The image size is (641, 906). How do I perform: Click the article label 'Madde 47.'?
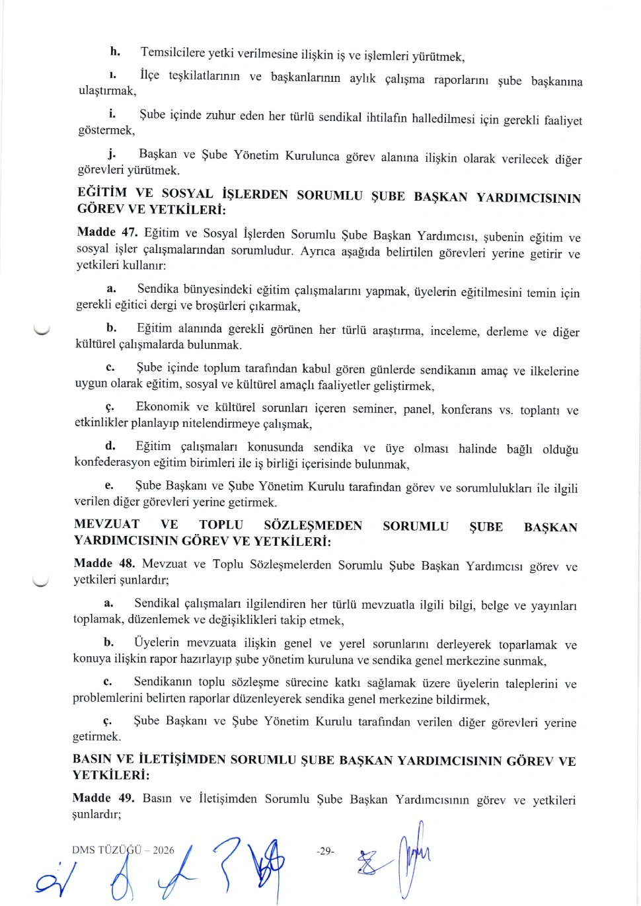(x=107, y=233)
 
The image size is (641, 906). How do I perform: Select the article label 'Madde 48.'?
(x=104, y=564)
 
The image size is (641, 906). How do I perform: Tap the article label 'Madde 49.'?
(x=102, y=798)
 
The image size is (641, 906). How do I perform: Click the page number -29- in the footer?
(x=325, y=850)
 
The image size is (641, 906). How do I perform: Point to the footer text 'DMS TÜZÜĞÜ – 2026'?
(x=123, y=850)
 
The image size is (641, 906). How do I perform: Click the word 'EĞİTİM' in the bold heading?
(x=102, y=193)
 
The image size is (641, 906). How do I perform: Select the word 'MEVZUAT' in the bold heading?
(x=107, y=524)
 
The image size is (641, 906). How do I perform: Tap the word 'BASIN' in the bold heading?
(x=92, y=759)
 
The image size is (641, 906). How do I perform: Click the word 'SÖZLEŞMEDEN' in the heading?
(x=313, y=525)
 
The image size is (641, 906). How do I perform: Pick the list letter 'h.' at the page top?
(x=115, y=52)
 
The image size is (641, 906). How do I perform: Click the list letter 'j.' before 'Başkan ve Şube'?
(x=112, y=154)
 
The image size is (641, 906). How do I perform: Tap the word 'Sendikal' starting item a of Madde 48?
(x=157, y=603)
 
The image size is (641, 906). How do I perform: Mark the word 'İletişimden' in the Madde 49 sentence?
(x=227, y=798)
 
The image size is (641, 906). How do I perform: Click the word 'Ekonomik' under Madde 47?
(x=163, y=407)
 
